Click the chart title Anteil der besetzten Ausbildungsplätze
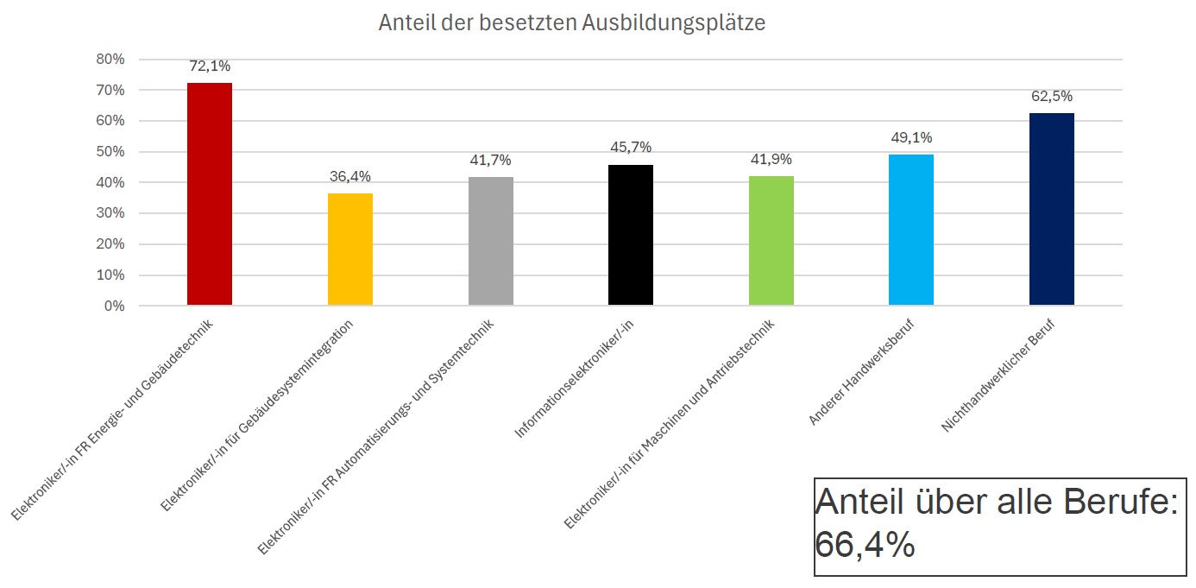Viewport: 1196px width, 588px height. pos(571,23)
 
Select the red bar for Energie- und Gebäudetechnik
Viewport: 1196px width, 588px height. pos(210,194)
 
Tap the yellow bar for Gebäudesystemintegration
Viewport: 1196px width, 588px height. pos(350,250)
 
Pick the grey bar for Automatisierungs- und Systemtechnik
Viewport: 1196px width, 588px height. pos(491,241)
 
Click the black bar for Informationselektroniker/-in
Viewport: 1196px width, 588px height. pos(631,235)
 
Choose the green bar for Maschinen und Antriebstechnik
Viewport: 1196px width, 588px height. pos(771,241)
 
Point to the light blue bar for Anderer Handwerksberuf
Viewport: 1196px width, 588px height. pos(911,230)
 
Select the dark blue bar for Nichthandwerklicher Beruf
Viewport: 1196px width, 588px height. pos(1052,209)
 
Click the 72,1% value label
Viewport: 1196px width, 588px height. pos(210,66)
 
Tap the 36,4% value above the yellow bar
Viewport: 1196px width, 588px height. pos(350,177)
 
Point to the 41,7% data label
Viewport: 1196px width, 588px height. pos(491,161)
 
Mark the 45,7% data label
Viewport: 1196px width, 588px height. pos(631,148)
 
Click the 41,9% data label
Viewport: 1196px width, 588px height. pos(771,160)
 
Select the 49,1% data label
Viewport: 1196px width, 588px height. pos(911,138)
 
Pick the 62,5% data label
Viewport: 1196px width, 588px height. pos(1052,97)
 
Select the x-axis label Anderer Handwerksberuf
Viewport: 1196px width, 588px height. pos(863,371)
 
